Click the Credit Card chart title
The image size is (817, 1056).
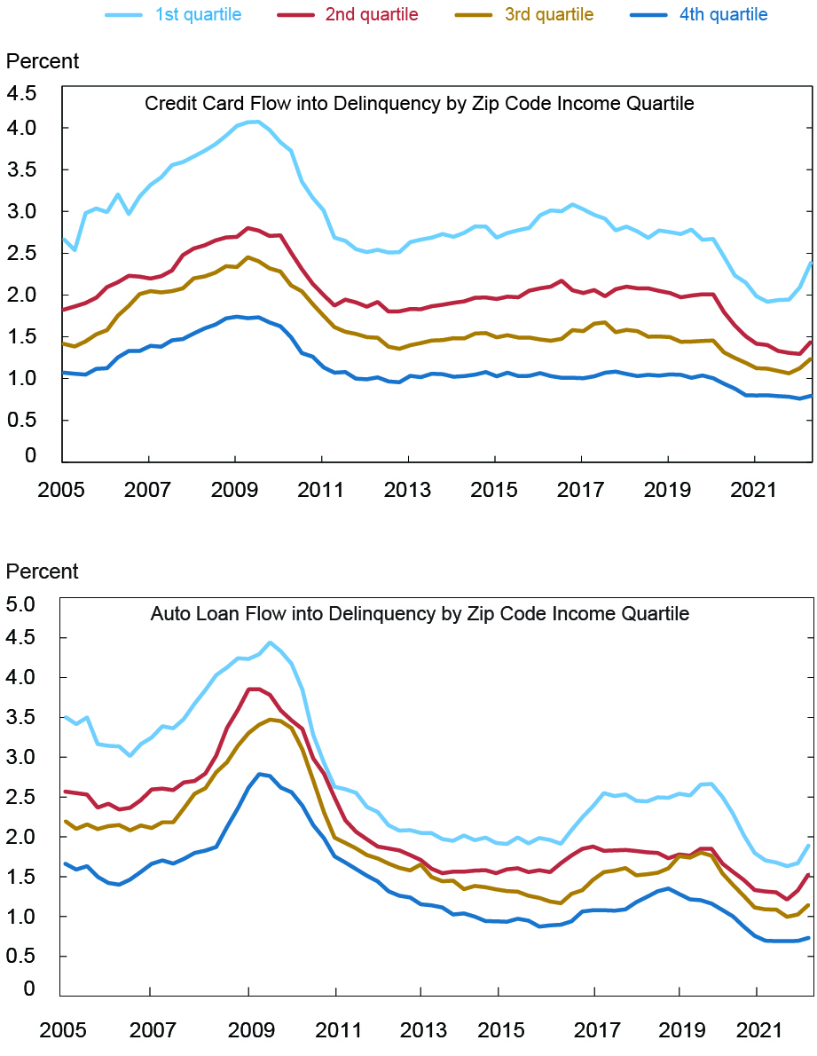coord(419,104)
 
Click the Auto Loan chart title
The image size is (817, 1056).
coord(420,613)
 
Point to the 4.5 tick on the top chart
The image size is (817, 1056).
coord(23,94)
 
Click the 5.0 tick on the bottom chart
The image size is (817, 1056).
coord(23,604)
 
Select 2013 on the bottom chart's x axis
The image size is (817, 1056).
coord(420,1031)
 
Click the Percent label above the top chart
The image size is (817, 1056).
coord(43,61)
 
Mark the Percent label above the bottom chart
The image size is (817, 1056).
coord(43,571)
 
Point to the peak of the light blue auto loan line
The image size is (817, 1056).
coord(270,642)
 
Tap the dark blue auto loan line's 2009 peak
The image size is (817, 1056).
coord(259,774)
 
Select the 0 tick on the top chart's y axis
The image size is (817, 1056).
coord(31,456)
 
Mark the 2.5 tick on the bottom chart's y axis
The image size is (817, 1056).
coord(23,797)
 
